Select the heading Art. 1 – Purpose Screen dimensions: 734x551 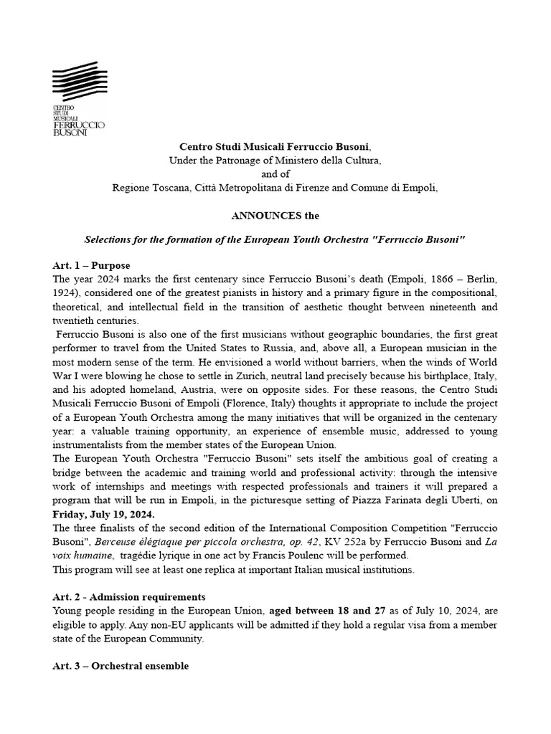point(91,266)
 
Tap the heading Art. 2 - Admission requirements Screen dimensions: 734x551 point(129,597)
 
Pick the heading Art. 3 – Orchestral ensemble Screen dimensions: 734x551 point(121,666)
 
